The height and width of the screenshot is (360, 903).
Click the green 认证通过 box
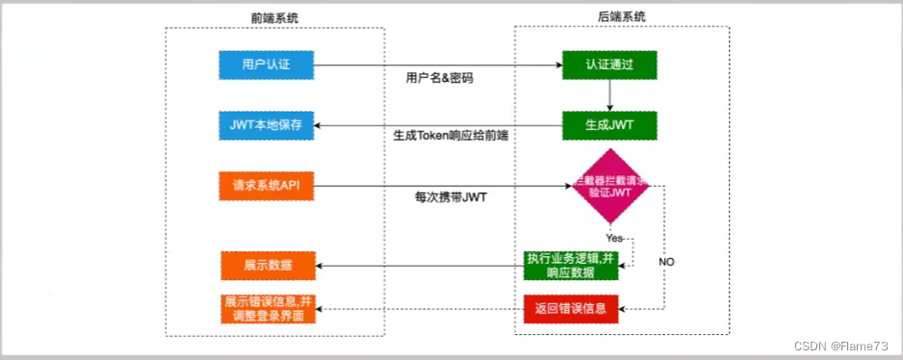pyautogui.click(x=609, y=65)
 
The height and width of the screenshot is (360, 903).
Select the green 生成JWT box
pyautogui.click(x=609, y=126)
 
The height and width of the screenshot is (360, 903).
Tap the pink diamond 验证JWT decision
pyautogui.click(x=611, y=187)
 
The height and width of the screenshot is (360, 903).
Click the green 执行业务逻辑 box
pyautogui.click(x=571, y=265)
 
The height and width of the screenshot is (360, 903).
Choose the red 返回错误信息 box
pyautogui.click(x=572, y=309)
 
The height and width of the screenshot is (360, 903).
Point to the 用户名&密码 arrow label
pyautogui.click(x=440, y=77)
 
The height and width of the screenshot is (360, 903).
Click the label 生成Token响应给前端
pyautogui.click(x=451, y=136)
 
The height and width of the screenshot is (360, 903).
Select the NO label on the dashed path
pyautogui.click(x=666, y=261)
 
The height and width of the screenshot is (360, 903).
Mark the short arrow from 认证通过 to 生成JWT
pyautogui.click(x=609, y=95)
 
